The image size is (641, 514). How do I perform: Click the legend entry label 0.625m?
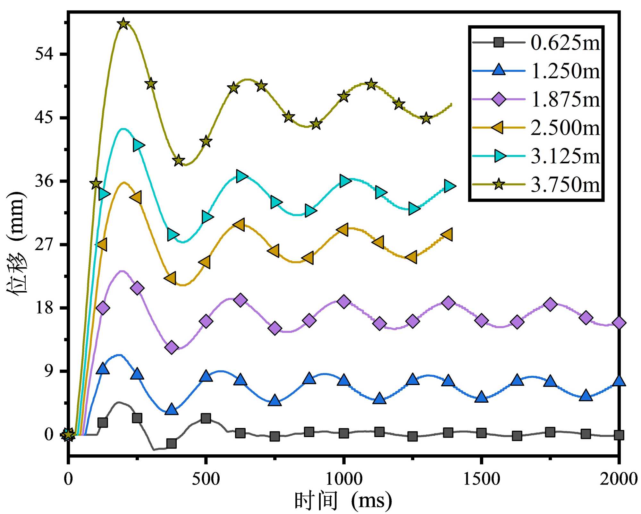[x=565, y=43]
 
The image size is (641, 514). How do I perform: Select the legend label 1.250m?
[x=565, y=71]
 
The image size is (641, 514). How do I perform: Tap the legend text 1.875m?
[x=565, y=99]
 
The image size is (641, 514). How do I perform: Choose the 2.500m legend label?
[x=565, y=128]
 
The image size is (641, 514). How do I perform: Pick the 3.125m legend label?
[x=565, y=156]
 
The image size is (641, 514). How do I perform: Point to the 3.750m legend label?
[x=565, y=185]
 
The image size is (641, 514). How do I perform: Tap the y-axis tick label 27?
[x=44, y=245]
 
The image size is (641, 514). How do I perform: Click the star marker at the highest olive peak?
[x=123, y=24]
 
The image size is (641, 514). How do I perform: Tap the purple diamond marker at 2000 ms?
[x=619, y=323]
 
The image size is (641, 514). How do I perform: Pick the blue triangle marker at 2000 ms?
[x=619, y=381]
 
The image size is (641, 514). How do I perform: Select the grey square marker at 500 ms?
[x=206, y=418]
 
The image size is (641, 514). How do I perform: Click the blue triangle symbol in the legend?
[x=499, y=70]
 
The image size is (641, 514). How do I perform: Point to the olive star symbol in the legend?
[x=499, y=184]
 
